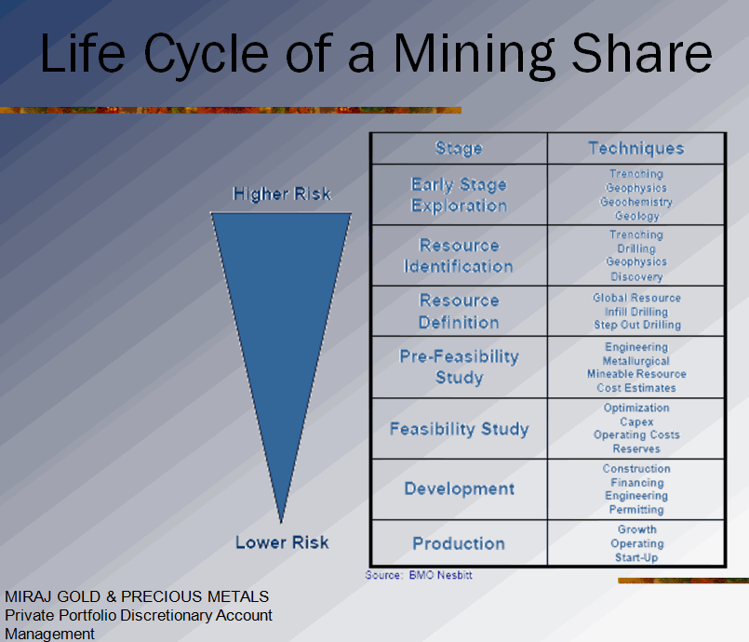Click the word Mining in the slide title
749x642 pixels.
click(475, 55)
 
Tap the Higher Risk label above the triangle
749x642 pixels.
click(282, 194)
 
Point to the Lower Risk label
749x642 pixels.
click(282, 542)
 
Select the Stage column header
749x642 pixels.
click(459, 149)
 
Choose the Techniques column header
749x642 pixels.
click(636, 148)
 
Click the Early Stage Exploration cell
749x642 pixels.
click(459, 194)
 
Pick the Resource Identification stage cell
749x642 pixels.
click(459, 256)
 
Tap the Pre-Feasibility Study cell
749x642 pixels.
click(459, 367)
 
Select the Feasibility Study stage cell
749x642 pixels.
click(460, 429)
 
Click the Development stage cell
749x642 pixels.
click(460, 488)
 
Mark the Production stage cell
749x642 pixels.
click(459, 543)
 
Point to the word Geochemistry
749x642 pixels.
click(636, 202)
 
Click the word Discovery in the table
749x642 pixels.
click(636, 276)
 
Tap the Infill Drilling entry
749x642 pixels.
click(636, 312)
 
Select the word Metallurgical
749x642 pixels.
click(636, 361)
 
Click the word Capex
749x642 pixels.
click(636, 421)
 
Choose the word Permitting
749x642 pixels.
click(636, 510)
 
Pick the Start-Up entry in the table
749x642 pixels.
click(636, 557)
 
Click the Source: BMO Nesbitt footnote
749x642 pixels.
click(419, 575)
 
